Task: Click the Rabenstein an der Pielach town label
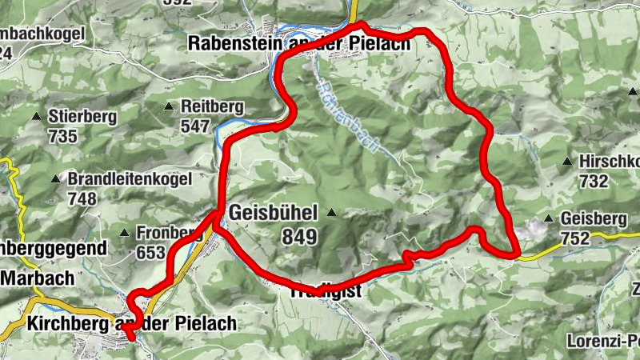298,43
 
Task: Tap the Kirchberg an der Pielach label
132,324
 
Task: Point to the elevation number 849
299,237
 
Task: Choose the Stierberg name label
82,117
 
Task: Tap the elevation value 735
62,136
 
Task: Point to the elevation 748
82,198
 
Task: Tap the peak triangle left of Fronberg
124,233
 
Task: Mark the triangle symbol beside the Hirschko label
567,161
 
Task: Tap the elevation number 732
593,181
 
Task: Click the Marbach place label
38,278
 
